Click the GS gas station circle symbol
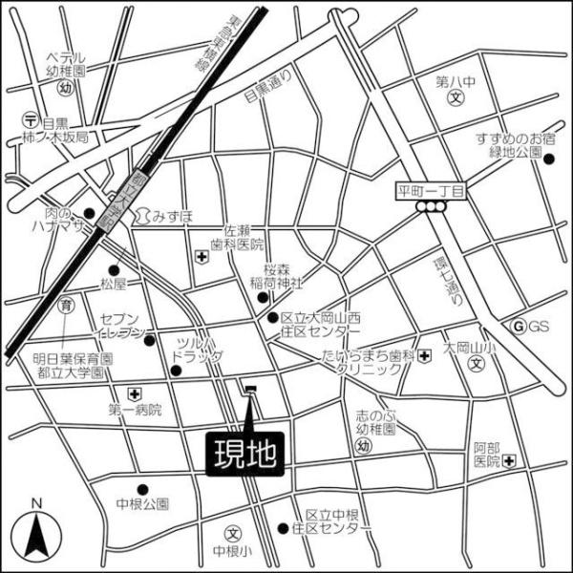pyautogui.click(x=520, y=327)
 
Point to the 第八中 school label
pyautogui.click(x=456, y=80)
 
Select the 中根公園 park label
pyautogui.click(x=142, y=503)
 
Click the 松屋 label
pyautogui.click(x=113, y=283)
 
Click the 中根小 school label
pyautogui.click(x=232, y=550)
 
